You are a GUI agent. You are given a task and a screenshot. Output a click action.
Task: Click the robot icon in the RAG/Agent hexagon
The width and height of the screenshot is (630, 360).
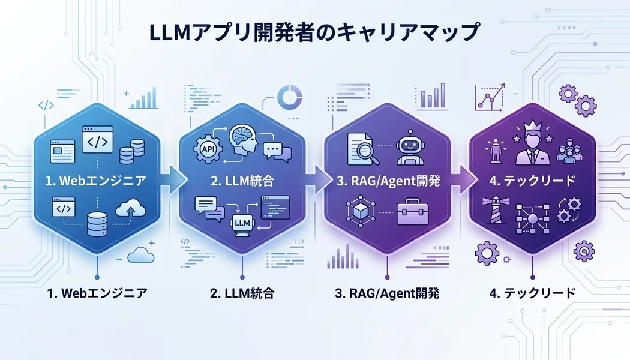pyautogui.click(x=410, y=148)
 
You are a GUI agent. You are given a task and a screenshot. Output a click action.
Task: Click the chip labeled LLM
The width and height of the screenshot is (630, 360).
pyautogui.click(x=242, y=223)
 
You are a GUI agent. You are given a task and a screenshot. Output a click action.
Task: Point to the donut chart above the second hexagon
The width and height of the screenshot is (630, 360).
pyautogui.click(x=290, y=96)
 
